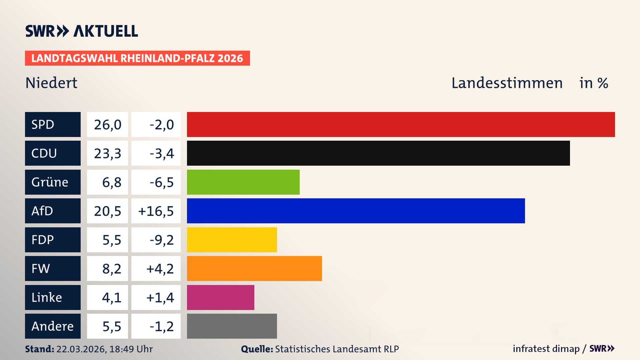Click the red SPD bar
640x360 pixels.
tap(401, 124)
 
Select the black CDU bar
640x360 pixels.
tap(378, 153)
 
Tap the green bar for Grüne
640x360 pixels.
tap(243, 182)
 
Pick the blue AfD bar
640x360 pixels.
tap(356, 211)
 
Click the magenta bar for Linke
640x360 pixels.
tap(220, 297)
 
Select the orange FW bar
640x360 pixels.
tap(254, 268)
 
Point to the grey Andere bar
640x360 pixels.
tap(232, 326)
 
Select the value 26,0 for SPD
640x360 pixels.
tap(107, 124)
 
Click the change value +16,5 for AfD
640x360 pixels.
tap(156, 211)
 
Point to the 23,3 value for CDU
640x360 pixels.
tap(107, 153)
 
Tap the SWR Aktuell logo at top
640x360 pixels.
tap(82, 31)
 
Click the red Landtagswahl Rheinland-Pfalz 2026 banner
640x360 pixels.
tap(137, 58)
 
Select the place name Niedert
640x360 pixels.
tap(51, 83)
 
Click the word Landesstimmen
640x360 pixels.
tap(507, 83)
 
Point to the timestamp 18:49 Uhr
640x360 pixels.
tap(131, 349)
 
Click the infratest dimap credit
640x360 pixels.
tap(546, 349)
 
